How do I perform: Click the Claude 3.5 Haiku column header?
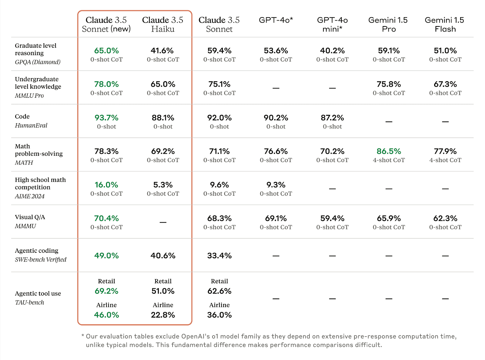tap(163, 24)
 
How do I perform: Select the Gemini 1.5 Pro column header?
tap(388, 24)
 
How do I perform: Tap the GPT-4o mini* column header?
tap(332, 24)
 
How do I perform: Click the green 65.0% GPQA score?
tap(106, 50)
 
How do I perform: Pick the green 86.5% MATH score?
tap(389, 151)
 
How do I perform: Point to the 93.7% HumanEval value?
tap(106, 118)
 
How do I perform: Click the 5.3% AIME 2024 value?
tap(163, 185)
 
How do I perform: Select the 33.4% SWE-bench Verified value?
tap(219, 255)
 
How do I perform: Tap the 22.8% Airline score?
tap(163, 315)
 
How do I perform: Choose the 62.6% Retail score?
tap(219, 291)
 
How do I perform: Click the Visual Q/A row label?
tap(30, 217)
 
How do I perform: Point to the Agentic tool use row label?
tap(38, 293)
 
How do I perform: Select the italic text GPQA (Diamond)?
tap(38, 62)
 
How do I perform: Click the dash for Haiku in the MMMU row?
tap(163, 222)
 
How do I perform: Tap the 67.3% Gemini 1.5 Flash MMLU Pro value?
tap(445, 84)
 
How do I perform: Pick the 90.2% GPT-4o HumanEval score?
tap(276, 118)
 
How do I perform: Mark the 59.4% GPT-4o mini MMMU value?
tap(332, 218)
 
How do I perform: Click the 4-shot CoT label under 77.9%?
tap(445, 160)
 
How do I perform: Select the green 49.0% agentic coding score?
tap(106, 255)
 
